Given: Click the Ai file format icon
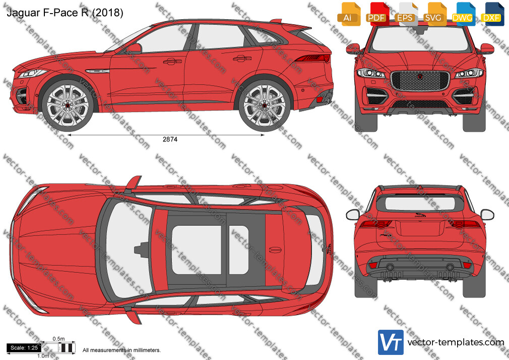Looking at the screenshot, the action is tap(349, 14).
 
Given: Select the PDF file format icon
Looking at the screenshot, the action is tap(377, 14).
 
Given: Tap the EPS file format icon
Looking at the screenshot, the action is tap(406, 14).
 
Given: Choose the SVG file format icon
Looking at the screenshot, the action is tap(434, 14).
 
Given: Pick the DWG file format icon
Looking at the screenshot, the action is tap(463, 14).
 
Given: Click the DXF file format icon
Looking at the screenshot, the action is tap(492, 14).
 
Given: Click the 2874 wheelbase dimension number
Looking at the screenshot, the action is tap(170, 139).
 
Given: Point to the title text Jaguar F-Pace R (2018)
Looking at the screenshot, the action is tap(65, 13).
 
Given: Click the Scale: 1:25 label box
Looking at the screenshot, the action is tap(24, 348).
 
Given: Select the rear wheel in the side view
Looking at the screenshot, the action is tap(264, 105).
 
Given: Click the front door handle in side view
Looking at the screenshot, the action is tap(172, 61).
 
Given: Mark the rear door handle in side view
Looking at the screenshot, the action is tap(242, 58).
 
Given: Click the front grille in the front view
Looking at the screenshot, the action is tap(420, 81).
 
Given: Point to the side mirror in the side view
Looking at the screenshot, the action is tap(134, 48).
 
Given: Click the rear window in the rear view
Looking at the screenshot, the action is tap(420, 203).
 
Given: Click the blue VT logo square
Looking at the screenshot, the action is tap(391, 342).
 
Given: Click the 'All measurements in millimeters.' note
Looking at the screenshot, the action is tap(121, 350).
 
